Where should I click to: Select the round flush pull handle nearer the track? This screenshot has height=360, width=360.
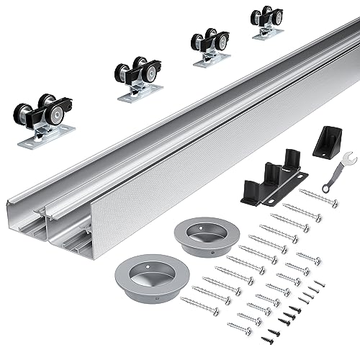pos(202,236)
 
